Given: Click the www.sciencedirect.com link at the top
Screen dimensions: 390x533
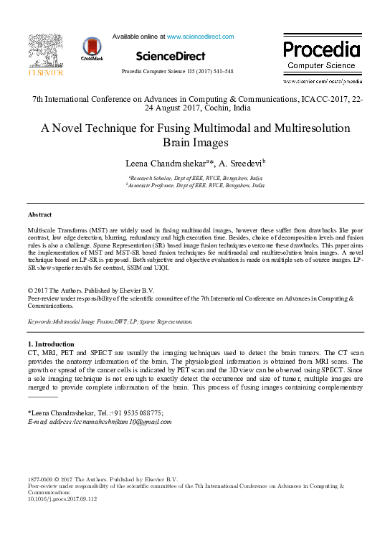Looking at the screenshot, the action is click(x=200, y=36).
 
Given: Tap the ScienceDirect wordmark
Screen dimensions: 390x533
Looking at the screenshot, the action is click(x=170, y=56).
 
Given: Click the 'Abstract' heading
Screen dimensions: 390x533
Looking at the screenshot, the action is click(x=39, y=214).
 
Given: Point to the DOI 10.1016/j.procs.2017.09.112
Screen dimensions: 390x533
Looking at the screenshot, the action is click(x=60, y=499).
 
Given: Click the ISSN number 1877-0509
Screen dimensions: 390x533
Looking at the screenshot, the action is click(x=42, y=478).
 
